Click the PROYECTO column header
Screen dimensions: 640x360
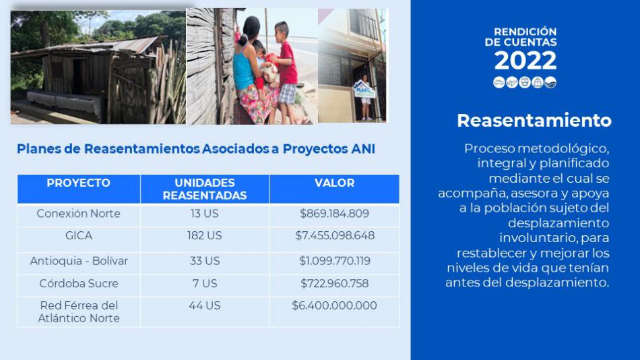coord(78,183)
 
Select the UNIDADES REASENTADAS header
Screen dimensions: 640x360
coord(205,189)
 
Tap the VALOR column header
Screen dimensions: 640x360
coord(334,183)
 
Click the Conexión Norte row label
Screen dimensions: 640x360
coord(78,213)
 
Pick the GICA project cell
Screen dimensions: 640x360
coord(79,235)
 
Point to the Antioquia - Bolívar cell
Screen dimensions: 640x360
coord(79,261)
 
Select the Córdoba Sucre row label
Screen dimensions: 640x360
coord(79,283)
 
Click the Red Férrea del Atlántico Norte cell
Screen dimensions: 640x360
coord(79,311)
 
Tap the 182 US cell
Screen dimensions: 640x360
coord(205,235)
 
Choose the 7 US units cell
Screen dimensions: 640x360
coord(205,283)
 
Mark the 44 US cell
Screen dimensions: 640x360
coord(205,305)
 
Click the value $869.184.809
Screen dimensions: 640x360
coord(334,213)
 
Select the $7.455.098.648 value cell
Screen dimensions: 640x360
coord(335,235)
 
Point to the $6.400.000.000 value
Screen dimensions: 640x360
coord(334,305)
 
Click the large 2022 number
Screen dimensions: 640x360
coord(525,61)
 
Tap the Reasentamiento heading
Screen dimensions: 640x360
coord(534,120)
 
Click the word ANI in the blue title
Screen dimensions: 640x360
coord(363,149)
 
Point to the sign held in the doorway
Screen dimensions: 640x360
coord(364,90)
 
